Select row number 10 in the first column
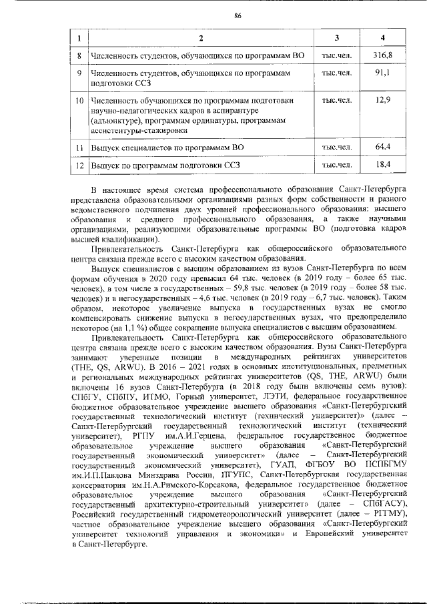click(79, 101)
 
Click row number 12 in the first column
click(79, 164)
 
